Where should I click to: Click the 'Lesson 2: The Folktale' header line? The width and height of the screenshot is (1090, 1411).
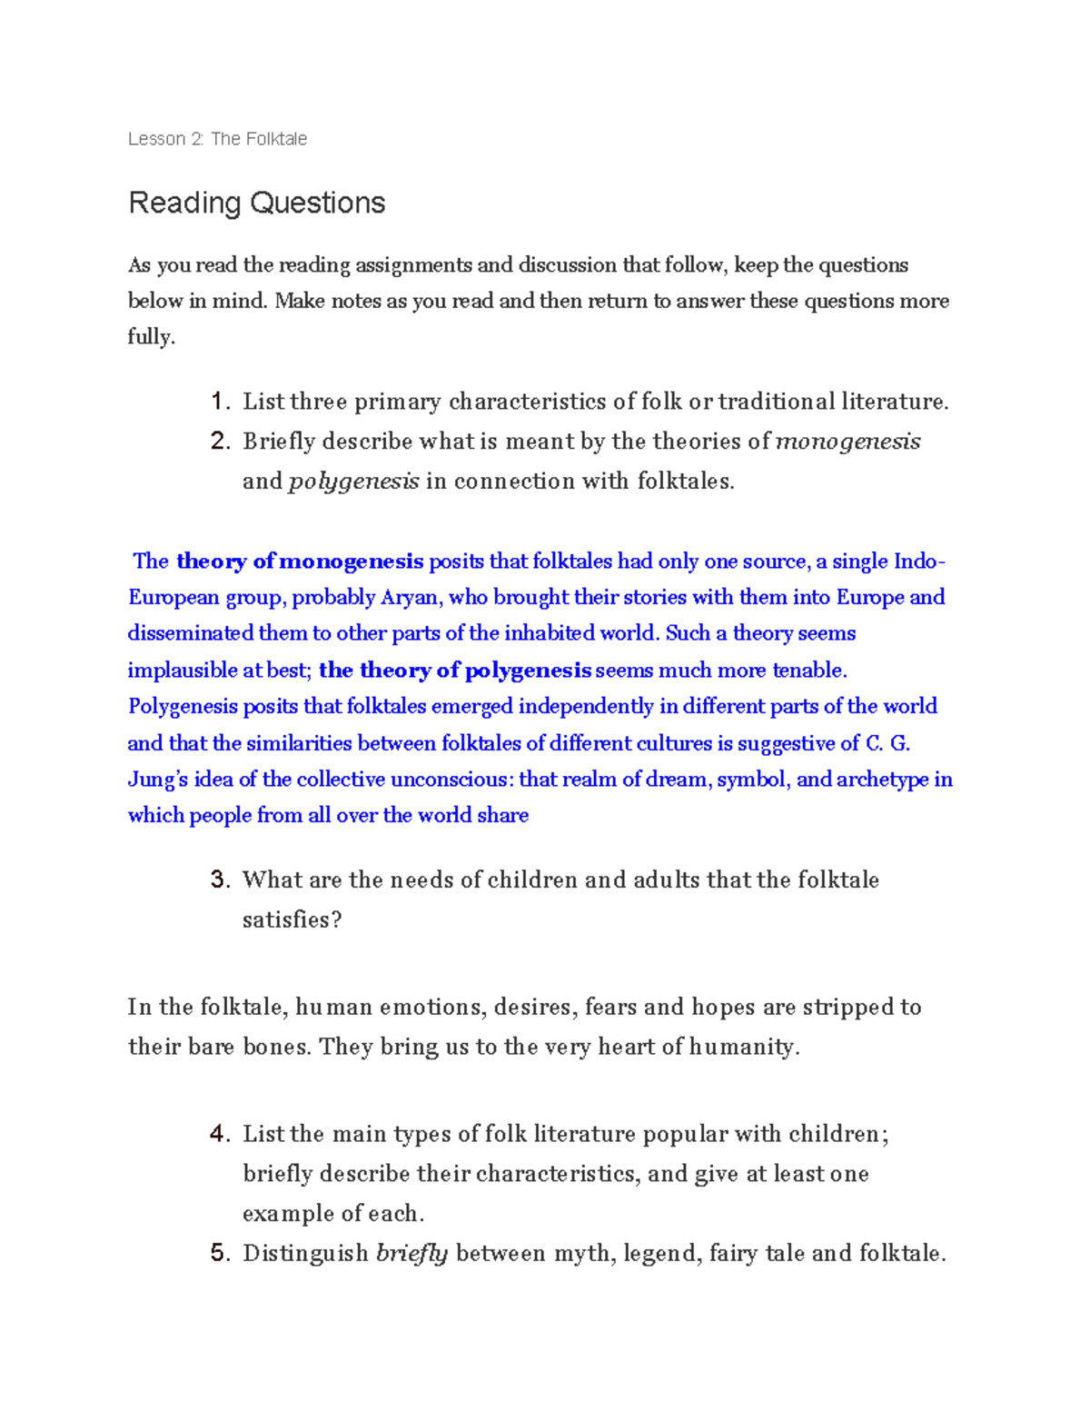click(x=217, y=139)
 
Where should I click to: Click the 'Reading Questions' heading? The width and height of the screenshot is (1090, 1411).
click(x=257, y=203)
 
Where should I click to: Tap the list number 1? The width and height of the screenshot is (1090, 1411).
click(x=219, y=402)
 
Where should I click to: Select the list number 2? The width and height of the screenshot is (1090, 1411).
click(x=219, y=442)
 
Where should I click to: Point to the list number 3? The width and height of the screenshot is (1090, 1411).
click(x=219, y=879)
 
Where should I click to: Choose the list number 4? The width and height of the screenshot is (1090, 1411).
click(x=219, y=1134)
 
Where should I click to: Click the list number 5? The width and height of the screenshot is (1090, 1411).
click(x=219, y=1254)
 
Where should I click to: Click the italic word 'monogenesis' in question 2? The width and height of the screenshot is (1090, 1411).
click(x=847, y=442)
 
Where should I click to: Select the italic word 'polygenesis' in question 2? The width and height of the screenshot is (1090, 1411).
click(x=353, y=482)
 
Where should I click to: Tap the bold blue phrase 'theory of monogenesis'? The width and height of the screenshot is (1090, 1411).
click(x=300, y=561)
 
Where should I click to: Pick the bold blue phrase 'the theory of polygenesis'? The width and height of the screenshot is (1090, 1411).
click(x=455, y=671)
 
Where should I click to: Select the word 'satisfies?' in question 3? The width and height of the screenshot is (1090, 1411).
click(x=292, y=919)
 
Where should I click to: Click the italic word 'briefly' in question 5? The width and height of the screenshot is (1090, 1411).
click(x=411, y=1254)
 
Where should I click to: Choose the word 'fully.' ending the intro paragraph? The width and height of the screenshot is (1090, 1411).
click(x=151, y=337)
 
